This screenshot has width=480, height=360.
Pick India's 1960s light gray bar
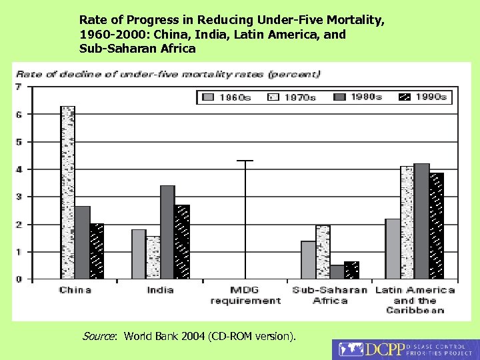pos(139,254)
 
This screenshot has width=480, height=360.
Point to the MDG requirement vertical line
pos(245,219)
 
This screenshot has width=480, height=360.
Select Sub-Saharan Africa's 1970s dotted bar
pos(323,251)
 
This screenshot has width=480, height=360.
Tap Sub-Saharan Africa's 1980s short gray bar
pos(337,271)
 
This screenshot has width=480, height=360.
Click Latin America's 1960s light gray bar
pos(393,248)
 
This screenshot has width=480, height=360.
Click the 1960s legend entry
pos(227,97)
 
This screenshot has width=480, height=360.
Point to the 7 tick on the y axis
pos(18,87)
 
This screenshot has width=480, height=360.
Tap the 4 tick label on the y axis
pos(18,169)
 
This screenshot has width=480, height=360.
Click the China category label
pos(75,290)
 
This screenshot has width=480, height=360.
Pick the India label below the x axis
pos(160,290)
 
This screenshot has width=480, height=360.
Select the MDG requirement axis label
pos(245,295)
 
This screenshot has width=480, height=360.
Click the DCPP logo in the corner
pos(405,350)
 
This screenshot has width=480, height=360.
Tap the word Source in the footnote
pos(99,337)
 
